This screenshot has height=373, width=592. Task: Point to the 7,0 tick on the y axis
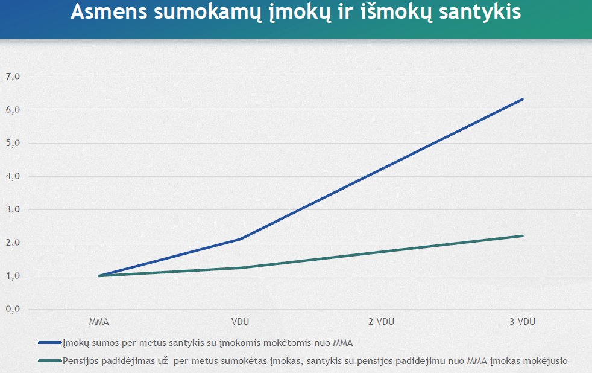point(13,77)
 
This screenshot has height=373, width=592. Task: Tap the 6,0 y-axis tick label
point(13,110)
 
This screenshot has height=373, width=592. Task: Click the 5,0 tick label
point(13,143)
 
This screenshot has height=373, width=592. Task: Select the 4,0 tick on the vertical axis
point(13,176)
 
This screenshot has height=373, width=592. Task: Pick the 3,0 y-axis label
point(13,209)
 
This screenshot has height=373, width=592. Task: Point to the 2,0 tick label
point(13,243)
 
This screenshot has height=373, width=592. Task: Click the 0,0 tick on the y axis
point(13,309)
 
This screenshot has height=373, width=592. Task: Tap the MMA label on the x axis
point(98,322)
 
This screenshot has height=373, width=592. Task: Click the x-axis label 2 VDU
point(380,322)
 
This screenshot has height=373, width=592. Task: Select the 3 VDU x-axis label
point(522,322)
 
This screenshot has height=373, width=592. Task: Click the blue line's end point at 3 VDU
point(522,99)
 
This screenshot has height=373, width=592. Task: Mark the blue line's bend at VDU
point(241,239)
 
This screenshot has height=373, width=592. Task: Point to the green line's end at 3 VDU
point(522,236)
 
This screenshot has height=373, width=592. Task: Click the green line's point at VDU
point(241,268)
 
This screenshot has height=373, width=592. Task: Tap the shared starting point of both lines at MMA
point(99,276)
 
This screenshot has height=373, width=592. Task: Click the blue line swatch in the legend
point(49,343)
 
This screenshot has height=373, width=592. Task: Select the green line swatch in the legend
point(49,361)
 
